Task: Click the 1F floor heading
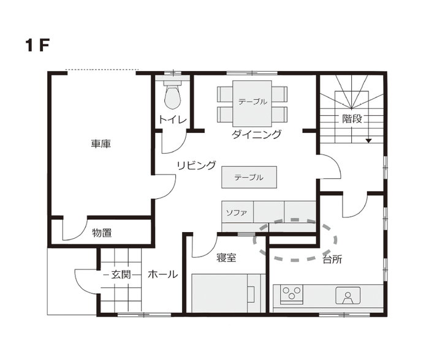coord(37,45)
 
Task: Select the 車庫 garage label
coord(101,144)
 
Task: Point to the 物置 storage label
coord(102,233)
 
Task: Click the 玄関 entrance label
coord(121,274)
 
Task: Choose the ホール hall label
coord(163,274)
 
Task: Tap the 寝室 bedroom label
coord(226,258)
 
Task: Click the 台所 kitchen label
coord(332,259)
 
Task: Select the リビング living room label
coord(196,165)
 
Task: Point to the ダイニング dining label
coord(256,134)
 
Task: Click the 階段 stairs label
coord(352,119)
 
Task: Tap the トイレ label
coord(173,120)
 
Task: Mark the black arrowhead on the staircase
coord(369,141)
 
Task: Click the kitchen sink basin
coord(348,296)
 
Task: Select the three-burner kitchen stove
coord(291,294)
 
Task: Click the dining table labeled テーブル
coord(252,103)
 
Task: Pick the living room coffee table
coord(249,177)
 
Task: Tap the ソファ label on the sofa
coord(237,212)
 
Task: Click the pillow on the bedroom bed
coord(251,294)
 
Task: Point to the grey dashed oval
coord(294,260)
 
